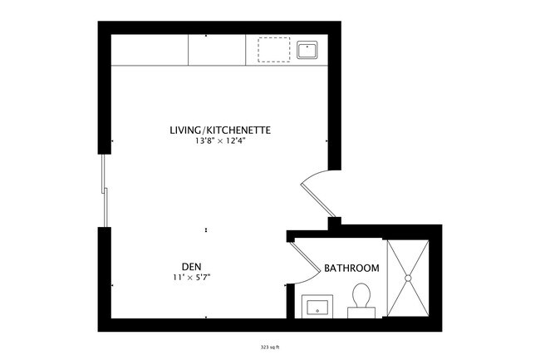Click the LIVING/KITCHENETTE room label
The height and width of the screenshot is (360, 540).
[220, 131]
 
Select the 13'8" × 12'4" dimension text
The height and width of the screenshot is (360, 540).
[220, 142]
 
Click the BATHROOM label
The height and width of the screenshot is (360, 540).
[351, 269]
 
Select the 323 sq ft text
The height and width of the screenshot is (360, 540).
[270, 348]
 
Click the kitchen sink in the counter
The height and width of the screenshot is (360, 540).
[307, 50]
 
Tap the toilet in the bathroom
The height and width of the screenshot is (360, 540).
[361, 296]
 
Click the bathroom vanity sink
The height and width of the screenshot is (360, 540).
[317, 307]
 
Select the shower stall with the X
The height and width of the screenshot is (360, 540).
[408, 279]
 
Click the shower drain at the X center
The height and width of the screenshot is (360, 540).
[408, 279]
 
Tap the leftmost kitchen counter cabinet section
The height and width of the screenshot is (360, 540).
[150, 50]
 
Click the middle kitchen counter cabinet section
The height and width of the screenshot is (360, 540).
[217, 50]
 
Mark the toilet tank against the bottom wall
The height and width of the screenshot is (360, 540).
[361, 312]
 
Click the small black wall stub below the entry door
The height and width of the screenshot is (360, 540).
[334, 222]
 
